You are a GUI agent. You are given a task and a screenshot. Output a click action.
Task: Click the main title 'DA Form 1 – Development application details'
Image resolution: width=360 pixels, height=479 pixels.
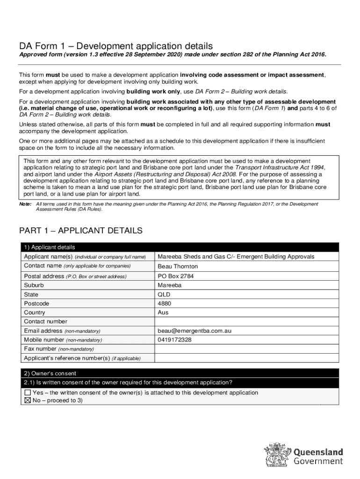click(x=115, y=46)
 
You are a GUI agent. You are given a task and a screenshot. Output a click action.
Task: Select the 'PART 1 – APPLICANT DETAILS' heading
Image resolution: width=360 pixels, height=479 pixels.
click(x=80, y=231)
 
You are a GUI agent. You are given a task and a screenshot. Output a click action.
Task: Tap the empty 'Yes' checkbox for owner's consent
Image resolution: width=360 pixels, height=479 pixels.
click(x=28, y=392)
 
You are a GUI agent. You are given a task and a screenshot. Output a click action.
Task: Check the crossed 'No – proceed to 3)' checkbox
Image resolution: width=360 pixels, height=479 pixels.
click(x=28, y=400)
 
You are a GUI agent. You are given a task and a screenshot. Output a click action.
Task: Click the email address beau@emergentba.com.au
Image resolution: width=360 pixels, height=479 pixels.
click(x=194, y=331)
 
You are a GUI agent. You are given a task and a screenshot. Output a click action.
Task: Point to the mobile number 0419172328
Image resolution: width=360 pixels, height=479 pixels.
click(x=174, y=340)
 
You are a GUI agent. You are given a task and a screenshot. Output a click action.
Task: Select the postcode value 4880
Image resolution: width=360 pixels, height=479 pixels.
click(x=164, y=304)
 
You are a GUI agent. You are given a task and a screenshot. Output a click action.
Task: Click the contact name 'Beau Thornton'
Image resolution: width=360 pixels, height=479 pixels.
click(x=178, y=267)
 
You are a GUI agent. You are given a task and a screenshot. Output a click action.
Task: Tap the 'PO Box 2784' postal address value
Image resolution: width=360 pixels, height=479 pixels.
click(x=175, y=276)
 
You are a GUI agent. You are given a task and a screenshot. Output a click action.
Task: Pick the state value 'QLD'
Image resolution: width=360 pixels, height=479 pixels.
click(x=164, y=295)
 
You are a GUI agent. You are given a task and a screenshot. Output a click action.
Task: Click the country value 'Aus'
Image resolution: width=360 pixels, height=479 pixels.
click(x=163, y=312)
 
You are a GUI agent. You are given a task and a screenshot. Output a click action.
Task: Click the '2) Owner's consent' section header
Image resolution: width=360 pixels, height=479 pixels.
click(x=50, y=373)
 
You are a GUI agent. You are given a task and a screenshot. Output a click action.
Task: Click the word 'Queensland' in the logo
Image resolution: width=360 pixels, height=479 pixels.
click(x=318, y=452)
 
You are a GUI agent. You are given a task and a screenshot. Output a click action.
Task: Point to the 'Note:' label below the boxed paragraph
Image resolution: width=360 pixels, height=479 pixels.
click(x=25, y=204)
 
